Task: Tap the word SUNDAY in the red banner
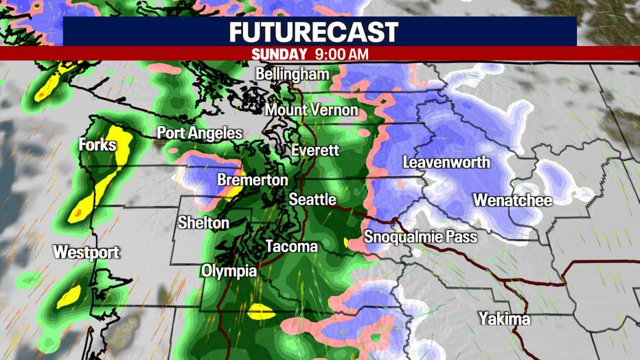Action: [279, 54]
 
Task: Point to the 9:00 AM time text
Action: [341, 54]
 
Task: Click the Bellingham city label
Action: [292, 74]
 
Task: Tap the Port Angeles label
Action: [200, 133]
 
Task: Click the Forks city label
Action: [97, 145]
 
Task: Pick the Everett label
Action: [315, 150]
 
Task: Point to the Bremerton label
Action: [252, 180]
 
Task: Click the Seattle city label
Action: [312, 200]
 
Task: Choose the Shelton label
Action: [203, 223]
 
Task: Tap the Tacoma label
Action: [291, 246]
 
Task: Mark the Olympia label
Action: [229, 271]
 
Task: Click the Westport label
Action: [87, 252]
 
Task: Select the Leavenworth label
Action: [446, 163]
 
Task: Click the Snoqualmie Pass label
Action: [420, 237]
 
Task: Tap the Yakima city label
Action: [504, 319]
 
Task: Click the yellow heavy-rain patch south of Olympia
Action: [261, 311]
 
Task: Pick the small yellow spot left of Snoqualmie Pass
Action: [345, 242]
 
